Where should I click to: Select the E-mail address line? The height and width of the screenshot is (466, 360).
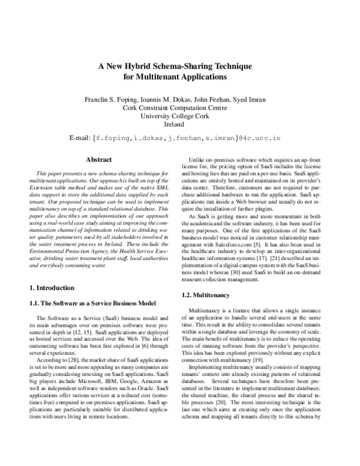pyautogui.click(x=179, y=139)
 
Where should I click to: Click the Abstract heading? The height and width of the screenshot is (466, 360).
pyautogui.click(x=99, y=160)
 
